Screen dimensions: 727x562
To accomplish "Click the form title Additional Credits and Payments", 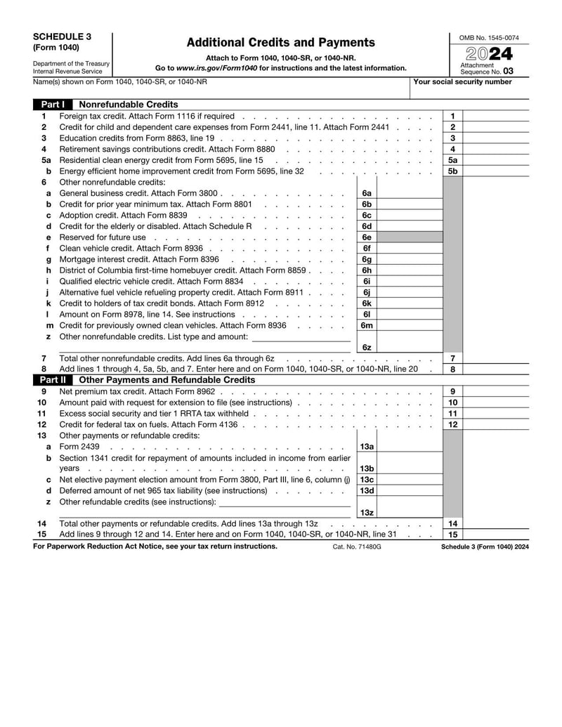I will tap(281, 43).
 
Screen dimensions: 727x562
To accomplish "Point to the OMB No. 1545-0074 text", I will tap(489, 37).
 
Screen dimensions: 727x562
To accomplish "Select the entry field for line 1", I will tap(496, 116).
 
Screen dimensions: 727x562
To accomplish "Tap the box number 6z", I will tap(367, 347).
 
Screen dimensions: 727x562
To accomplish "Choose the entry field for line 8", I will tap(496, 369).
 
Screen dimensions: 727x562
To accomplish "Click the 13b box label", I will tap(367, 469).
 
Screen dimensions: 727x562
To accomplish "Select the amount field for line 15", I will tap(496, 535).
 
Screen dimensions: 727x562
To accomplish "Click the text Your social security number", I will tap(462, 82).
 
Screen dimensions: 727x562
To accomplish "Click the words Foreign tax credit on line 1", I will tap(95, 116).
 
